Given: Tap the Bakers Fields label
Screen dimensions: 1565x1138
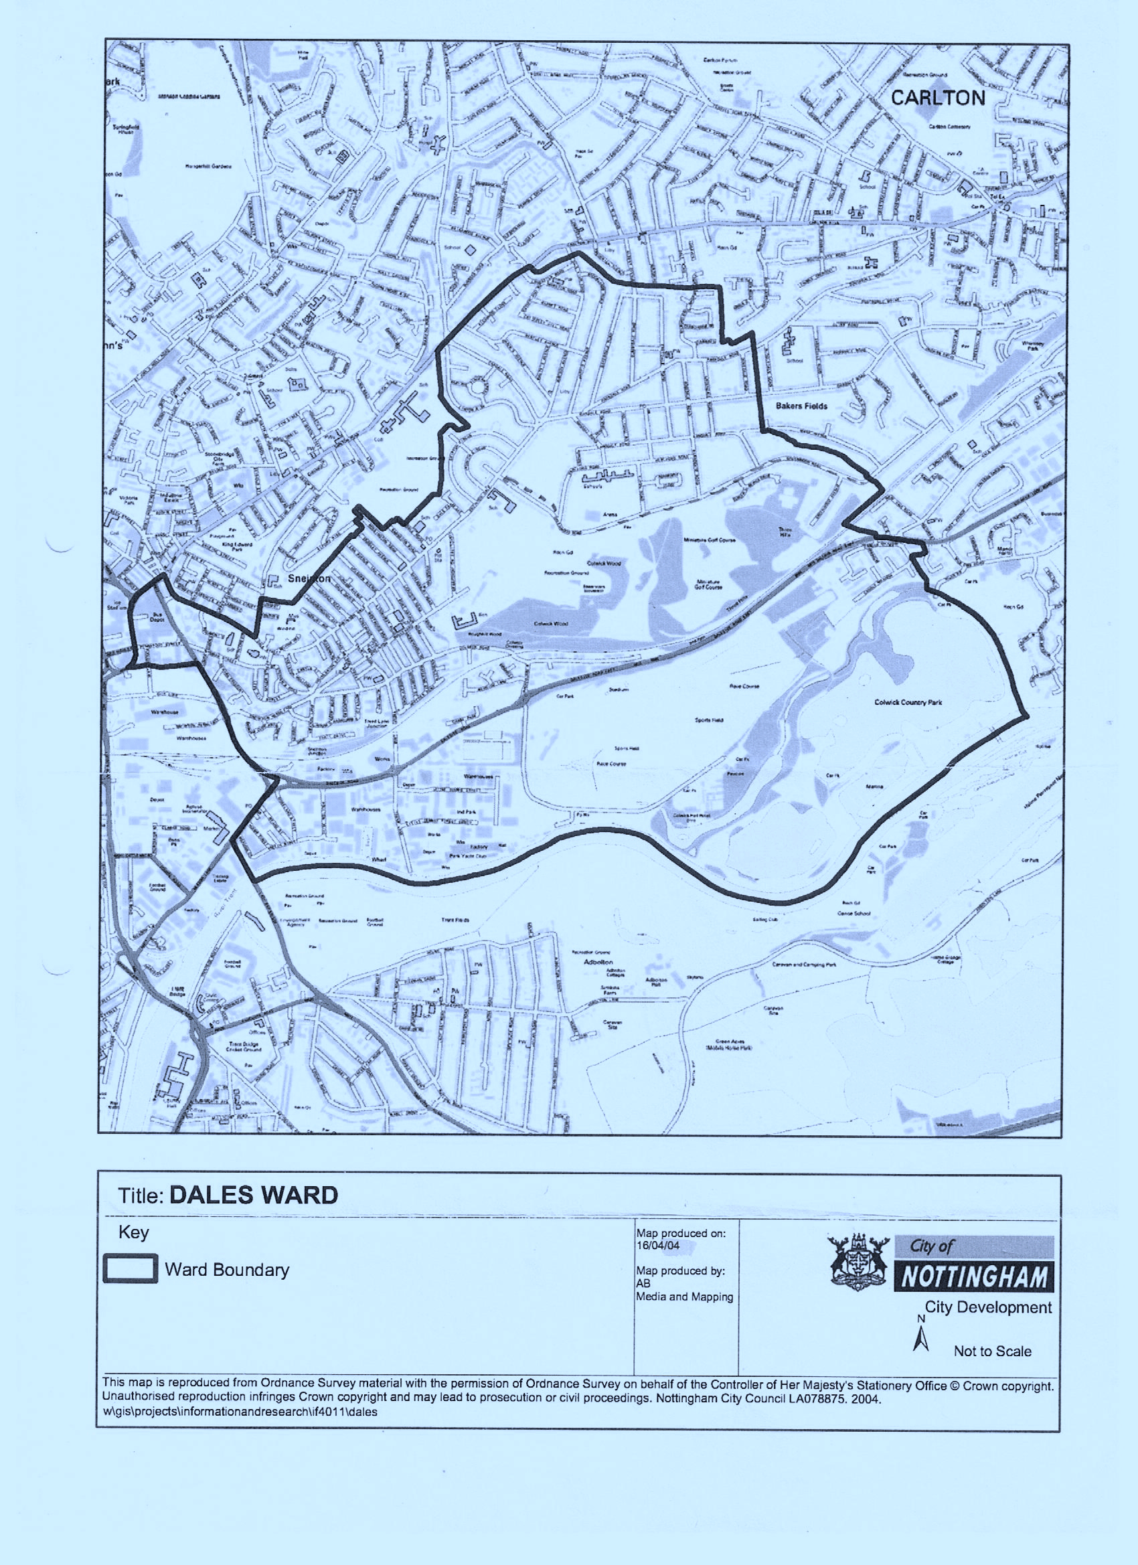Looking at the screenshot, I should click(801, 406).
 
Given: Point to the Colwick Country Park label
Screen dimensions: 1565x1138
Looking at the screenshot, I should click(908, 702).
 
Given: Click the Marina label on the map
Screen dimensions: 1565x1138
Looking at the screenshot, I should click(874, 787).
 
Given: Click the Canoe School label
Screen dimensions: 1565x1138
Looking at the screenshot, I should click(853, 913).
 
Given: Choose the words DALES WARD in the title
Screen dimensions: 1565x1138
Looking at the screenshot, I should click(253, 1195).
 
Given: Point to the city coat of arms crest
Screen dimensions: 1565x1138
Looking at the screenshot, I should click(857, 1270).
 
